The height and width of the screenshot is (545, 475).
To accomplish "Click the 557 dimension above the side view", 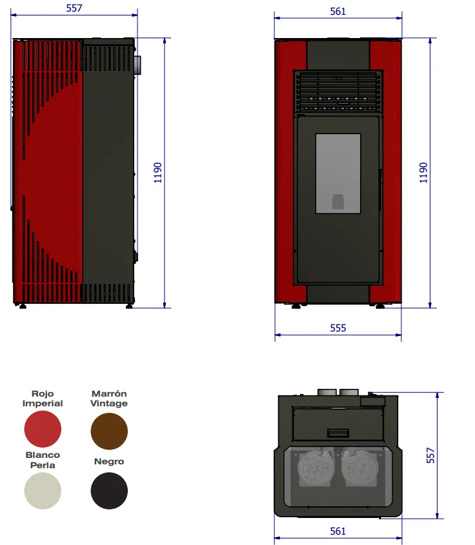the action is [x=74, y=8].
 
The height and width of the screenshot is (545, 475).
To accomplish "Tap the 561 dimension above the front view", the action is [x=338, y=12].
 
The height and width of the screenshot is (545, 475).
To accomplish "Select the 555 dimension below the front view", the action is [x=338, y=328].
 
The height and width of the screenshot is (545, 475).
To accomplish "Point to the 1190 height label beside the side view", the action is [x=158, y=173].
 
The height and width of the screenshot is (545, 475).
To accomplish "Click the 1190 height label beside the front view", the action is [x=423, y=173].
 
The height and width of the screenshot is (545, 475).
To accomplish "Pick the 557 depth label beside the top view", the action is [x=430, y=455].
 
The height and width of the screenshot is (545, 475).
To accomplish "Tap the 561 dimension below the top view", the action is [x=338, y=531].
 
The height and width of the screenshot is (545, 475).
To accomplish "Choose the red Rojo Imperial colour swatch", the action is [x=43, y=429].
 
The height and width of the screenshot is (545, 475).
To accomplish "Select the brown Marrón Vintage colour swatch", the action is [x=109, y=431].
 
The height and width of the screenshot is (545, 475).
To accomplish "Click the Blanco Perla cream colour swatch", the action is [x=43, y=491].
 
